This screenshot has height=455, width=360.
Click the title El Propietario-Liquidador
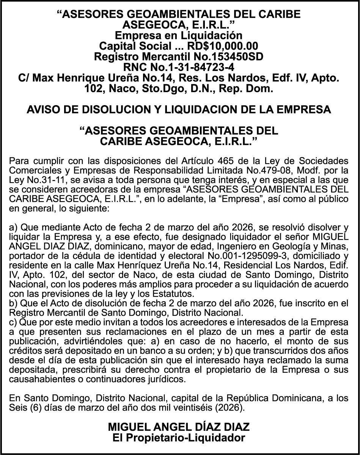pyautogui.click(x=179, y=438)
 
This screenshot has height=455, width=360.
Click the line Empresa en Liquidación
pyautogui.click(x=179, y=36)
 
